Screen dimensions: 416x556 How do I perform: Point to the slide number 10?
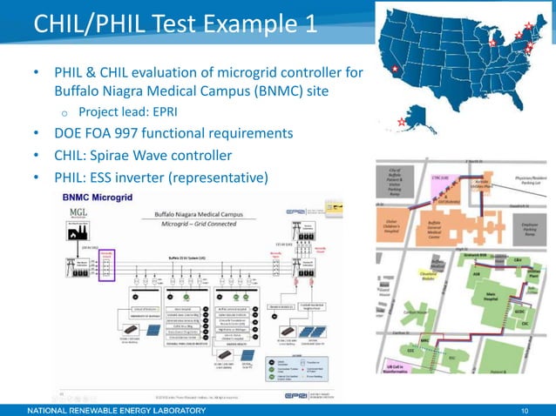(525, 408)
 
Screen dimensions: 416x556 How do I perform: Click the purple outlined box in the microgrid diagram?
(107, 265)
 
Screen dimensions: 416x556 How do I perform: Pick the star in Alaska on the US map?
(400, 122)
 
